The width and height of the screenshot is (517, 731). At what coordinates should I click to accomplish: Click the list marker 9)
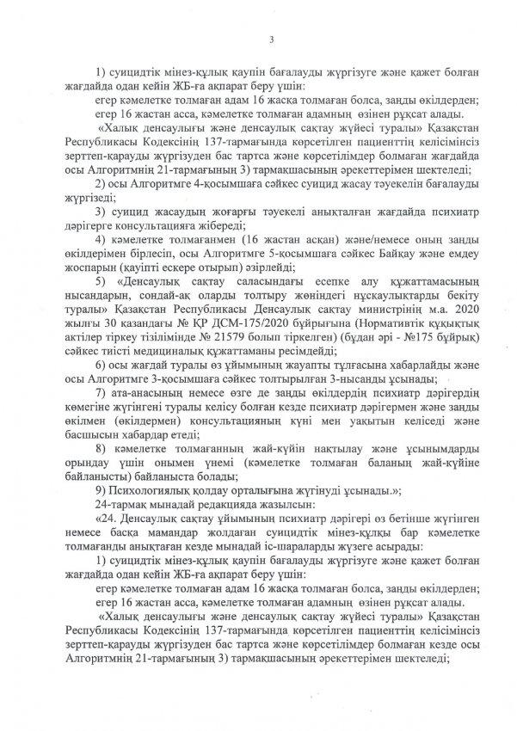(101, 488)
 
